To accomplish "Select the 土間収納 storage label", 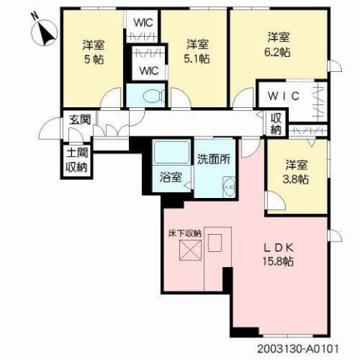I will [x=76, y=162].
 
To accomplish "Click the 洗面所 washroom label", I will [x=213, y=159].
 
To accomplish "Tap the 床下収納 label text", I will [x=184, y=234].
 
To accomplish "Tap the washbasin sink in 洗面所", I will [x=228, y=187].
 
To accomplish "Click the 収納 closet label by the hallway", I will [x=277, y=124].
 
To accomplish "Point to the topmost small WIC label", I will [x=143, y=22].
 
